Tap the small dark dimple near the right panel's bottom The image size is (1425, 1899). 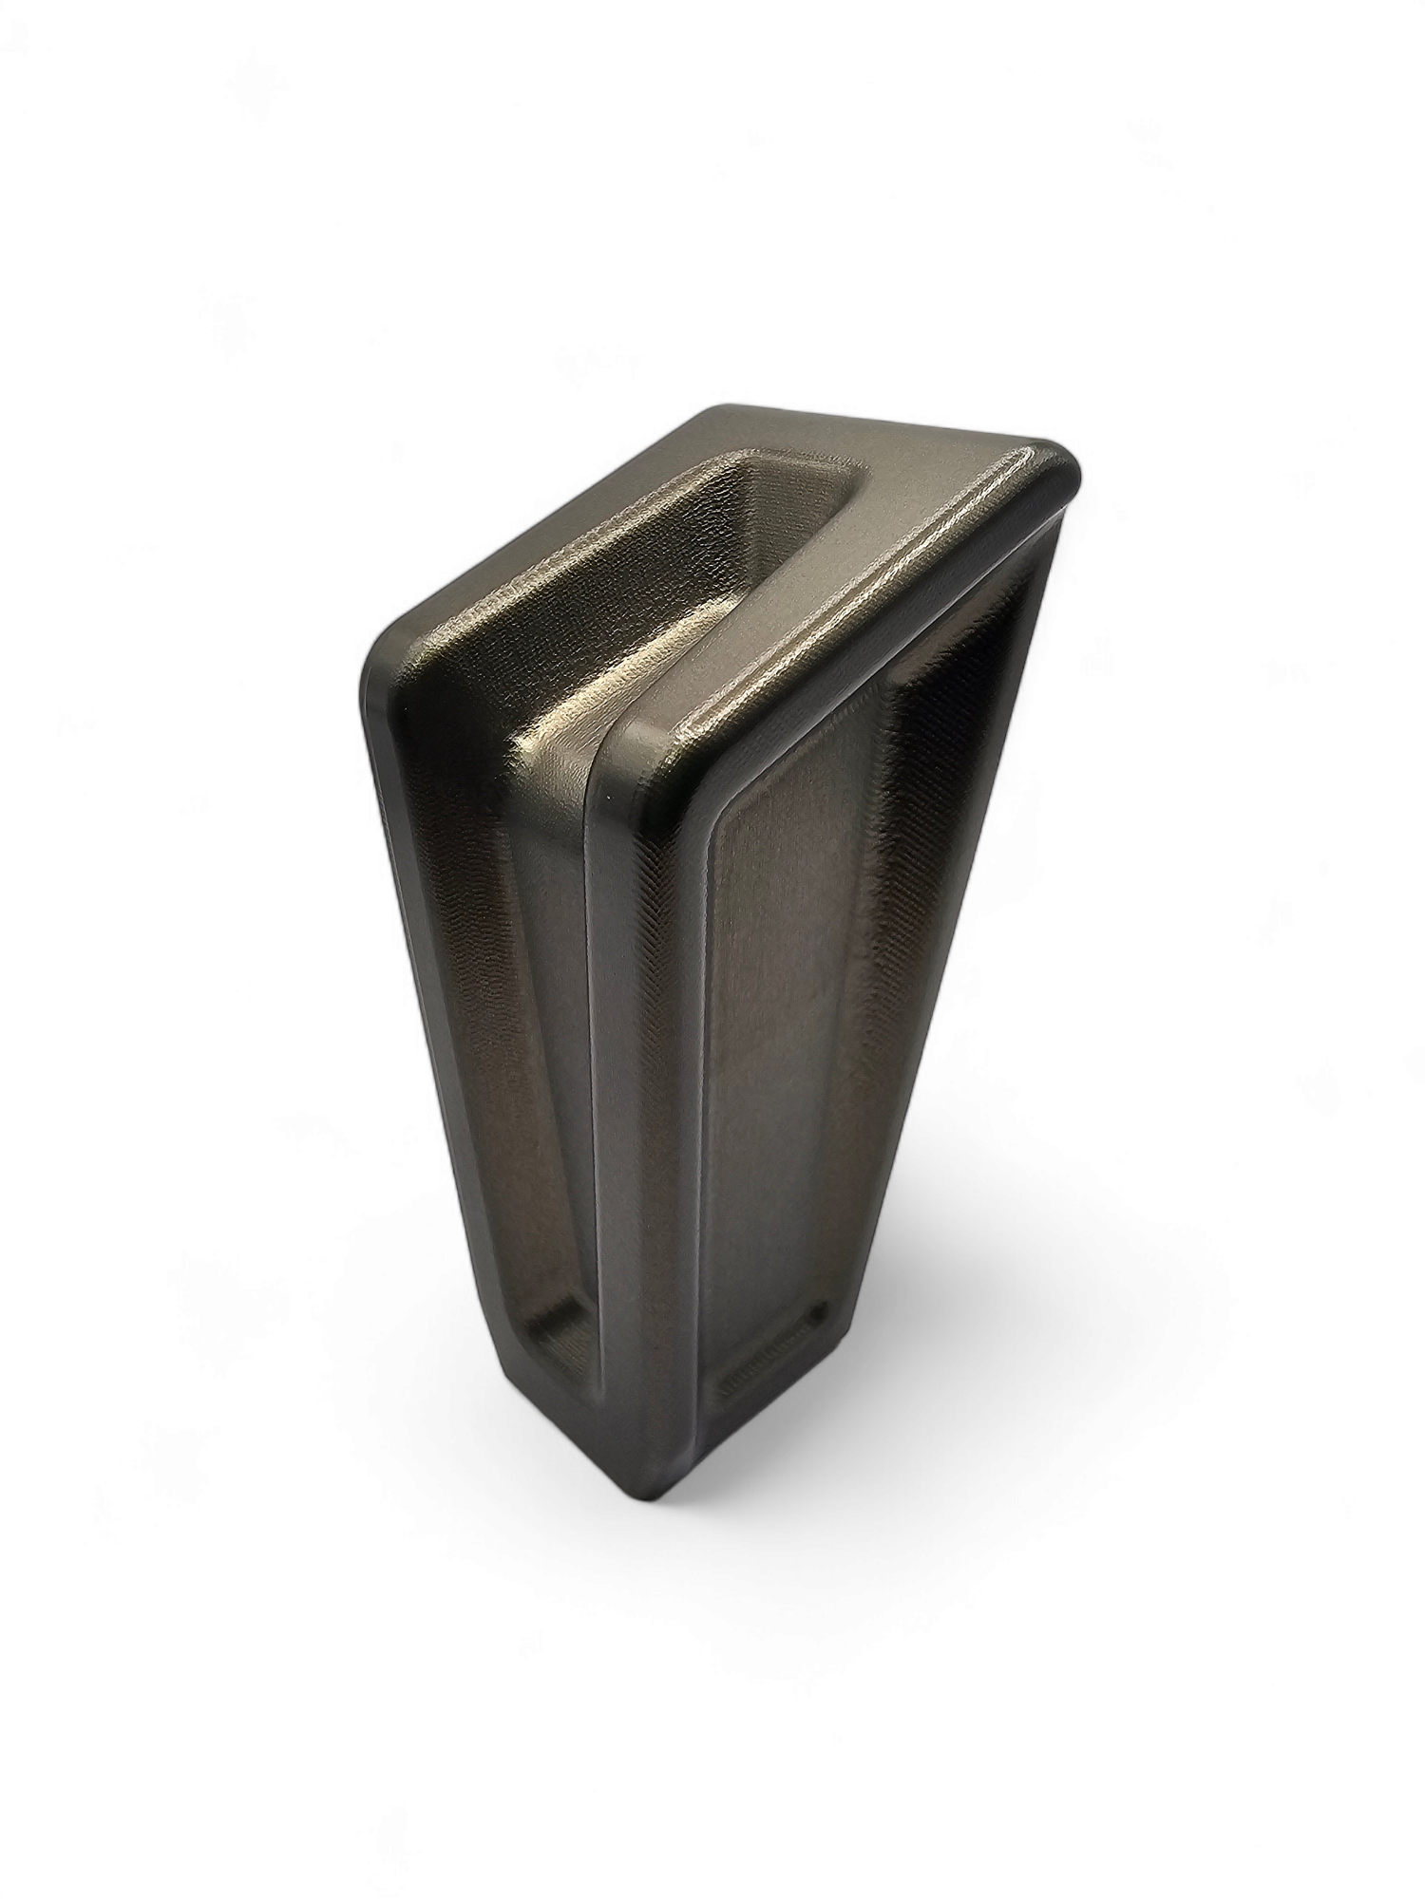(x=815, y=1315)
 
